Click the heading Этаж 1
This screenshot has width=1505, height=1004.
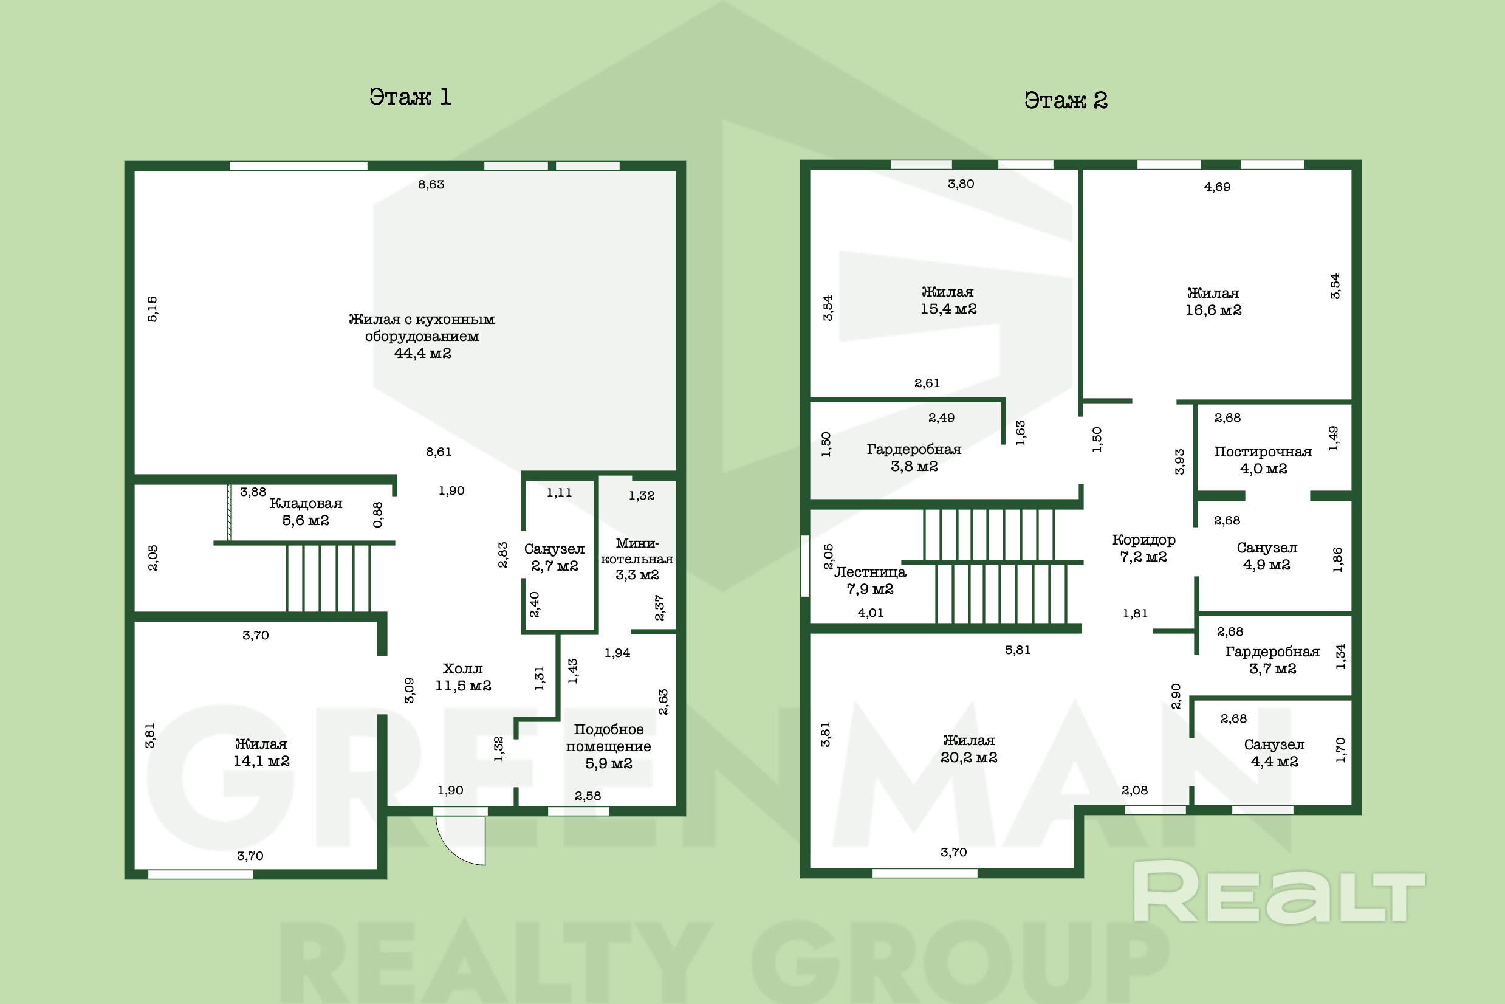(410, 97)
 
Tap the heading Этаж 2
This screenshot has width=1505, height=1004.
(1066, 100)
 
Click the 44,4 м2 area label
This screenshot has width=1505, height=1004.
(422, 353)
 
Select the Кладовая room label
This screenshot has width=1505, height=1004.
(306, 503)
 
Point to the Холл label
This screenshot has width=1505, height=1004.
(462, 669)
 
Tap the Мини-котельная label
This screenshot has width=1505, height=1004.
(637, 551)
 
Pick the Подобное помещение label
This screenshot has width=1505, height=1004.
(608, 738)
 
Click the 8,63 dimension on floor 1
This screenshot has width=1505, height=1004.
(431, 184)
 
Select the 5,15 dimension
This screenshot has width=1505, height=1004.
(153, 309)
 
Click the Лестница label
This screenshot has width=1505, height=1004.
(870, 572)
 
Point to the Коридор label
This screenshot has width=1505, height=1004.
(1143, 540)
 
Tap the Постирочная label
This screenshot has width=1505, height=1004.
(1263, 452)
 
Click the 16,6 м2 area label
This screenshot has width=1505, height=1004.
(1213, 310)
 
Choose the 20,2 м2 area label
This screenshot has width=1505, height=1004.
(968, 757)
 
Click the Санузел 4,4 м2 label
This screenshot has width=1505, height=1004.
(1274, 752)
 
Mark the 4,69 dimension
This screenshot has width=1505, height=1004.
(1217, 187)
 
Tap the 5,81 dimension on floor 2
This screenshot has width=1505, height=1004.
(1017, 650)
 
